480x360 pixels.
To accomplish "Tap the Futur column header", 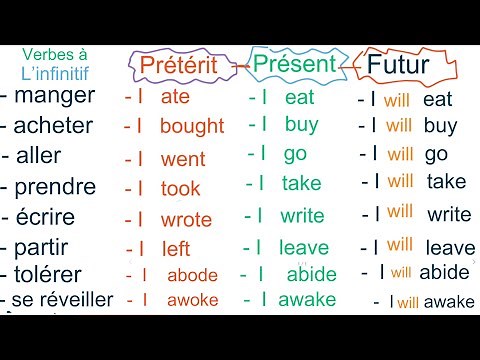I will [x=398, y=66].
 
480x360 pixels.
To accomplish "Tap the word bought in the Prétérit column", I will [x=192, y=127].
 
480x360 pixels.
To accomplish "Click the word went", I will [x=182, y=159].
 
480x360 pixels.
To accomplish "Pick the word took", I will [x=181, y=188].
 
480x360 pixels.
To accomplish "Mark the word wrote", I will [x=186, y=220].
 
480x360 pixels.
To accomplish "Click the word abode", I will [x=192, y=275].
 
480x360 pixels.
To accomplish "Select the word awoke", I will [x=192, y=300].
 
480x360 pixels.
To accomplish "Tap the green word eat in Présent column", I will [x=300, y=97].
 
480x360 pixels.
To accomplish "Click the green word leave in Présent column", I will [x=304, y=247].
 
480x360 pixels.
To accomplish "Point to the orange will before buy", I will [x=399, y=127].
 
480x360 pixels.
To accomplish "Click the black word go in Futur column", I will [x=436, y=154].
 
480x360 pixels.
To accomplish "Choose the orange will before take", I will [x=400, y=182].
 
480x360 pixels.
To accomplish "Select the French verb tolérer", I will [x=54, y=274].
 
